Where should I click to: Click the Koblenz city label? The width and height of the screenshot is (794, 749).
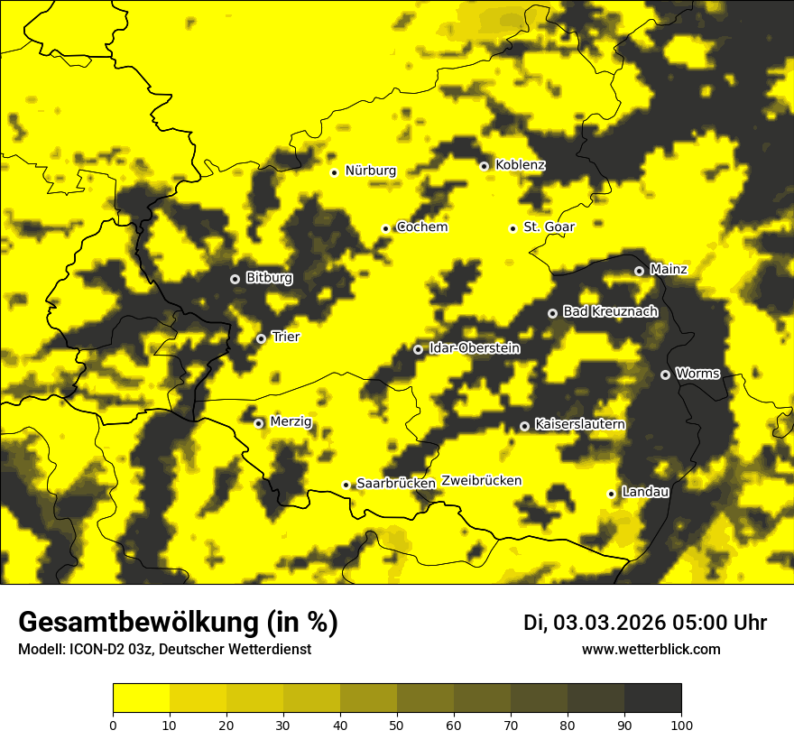(x=520, y=165)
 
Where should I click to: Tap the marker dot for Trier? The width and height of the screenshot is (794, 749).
(x=261, y=338)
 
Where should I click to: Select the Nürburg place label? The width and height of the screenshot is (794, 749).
(x=370, y=171)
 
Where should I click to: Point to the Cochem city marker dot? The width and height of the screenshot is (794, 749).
(x=385, y=228)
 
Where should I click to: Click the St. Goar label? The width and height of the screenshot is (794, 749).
(x=549, y=227)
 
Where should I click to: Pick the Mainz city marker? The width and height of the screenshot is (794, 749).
(x=639, y=271)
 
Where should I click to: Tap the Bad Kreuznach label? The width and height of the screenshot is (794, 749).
(x=610, y=311)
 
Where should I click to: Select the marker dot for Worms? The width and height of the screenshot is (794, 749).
(x=665, y=374)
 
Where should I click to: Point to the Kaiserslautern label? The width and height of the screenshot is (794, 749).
(x=579, y=424)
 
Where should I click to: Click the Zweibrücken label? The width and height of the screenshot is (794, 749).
(x=481, y=481)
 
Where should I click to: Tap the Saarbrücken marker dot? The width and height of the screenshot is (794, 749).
(x=346, y=485)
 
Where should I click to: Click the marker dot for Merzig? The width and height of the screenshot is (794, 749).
(x=258, y=423)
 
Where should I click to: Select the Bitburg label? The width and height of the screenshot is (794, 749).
(x=269, y=278)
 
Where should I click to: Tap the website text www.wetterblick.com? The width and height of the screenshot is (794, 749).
(x=651, y=650)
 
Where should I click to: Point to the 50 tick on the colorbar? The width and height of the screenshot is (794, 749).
(x=397, y=725)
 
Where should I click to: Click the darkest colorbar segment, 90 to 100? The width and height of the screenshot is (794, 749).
(x=652, y=698)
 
